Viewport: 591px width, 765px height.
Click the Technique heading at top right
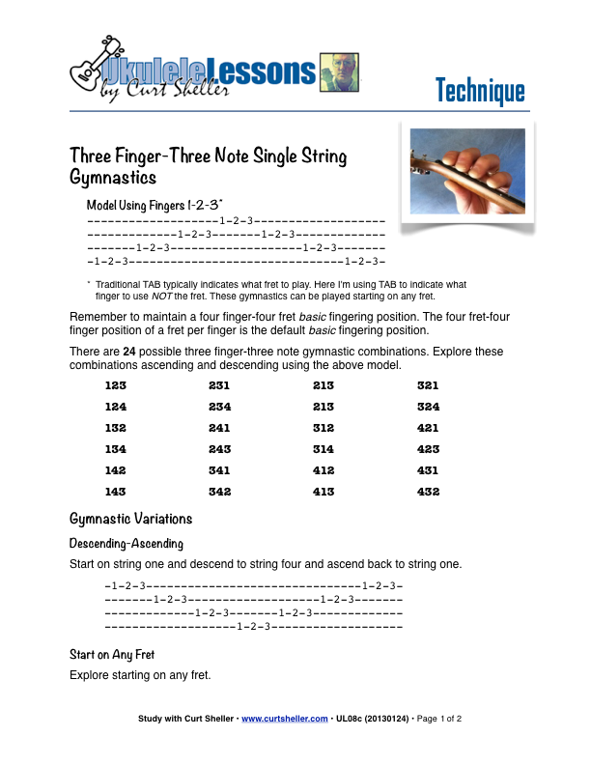479,91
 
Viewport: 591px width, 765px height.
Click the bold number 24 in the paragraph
129,352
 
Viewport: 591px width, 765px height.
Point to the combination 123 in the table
116,384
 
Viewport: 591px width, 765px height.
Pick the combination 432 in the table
428,492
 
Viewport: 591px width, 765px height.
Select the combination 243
219,449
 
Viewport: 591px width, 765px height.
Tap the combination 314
324,449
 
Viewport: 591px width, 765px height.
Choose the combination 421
428,428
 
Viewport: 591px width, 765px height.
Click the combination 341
219,470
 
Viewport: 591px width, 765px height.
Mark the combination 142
116,470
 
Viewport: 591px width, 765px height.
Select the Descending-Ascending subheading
126,544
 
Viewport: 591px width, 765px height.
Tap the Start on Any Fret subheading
112,655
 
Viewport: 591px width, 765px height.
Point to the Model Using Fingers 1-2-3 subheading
155,205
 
